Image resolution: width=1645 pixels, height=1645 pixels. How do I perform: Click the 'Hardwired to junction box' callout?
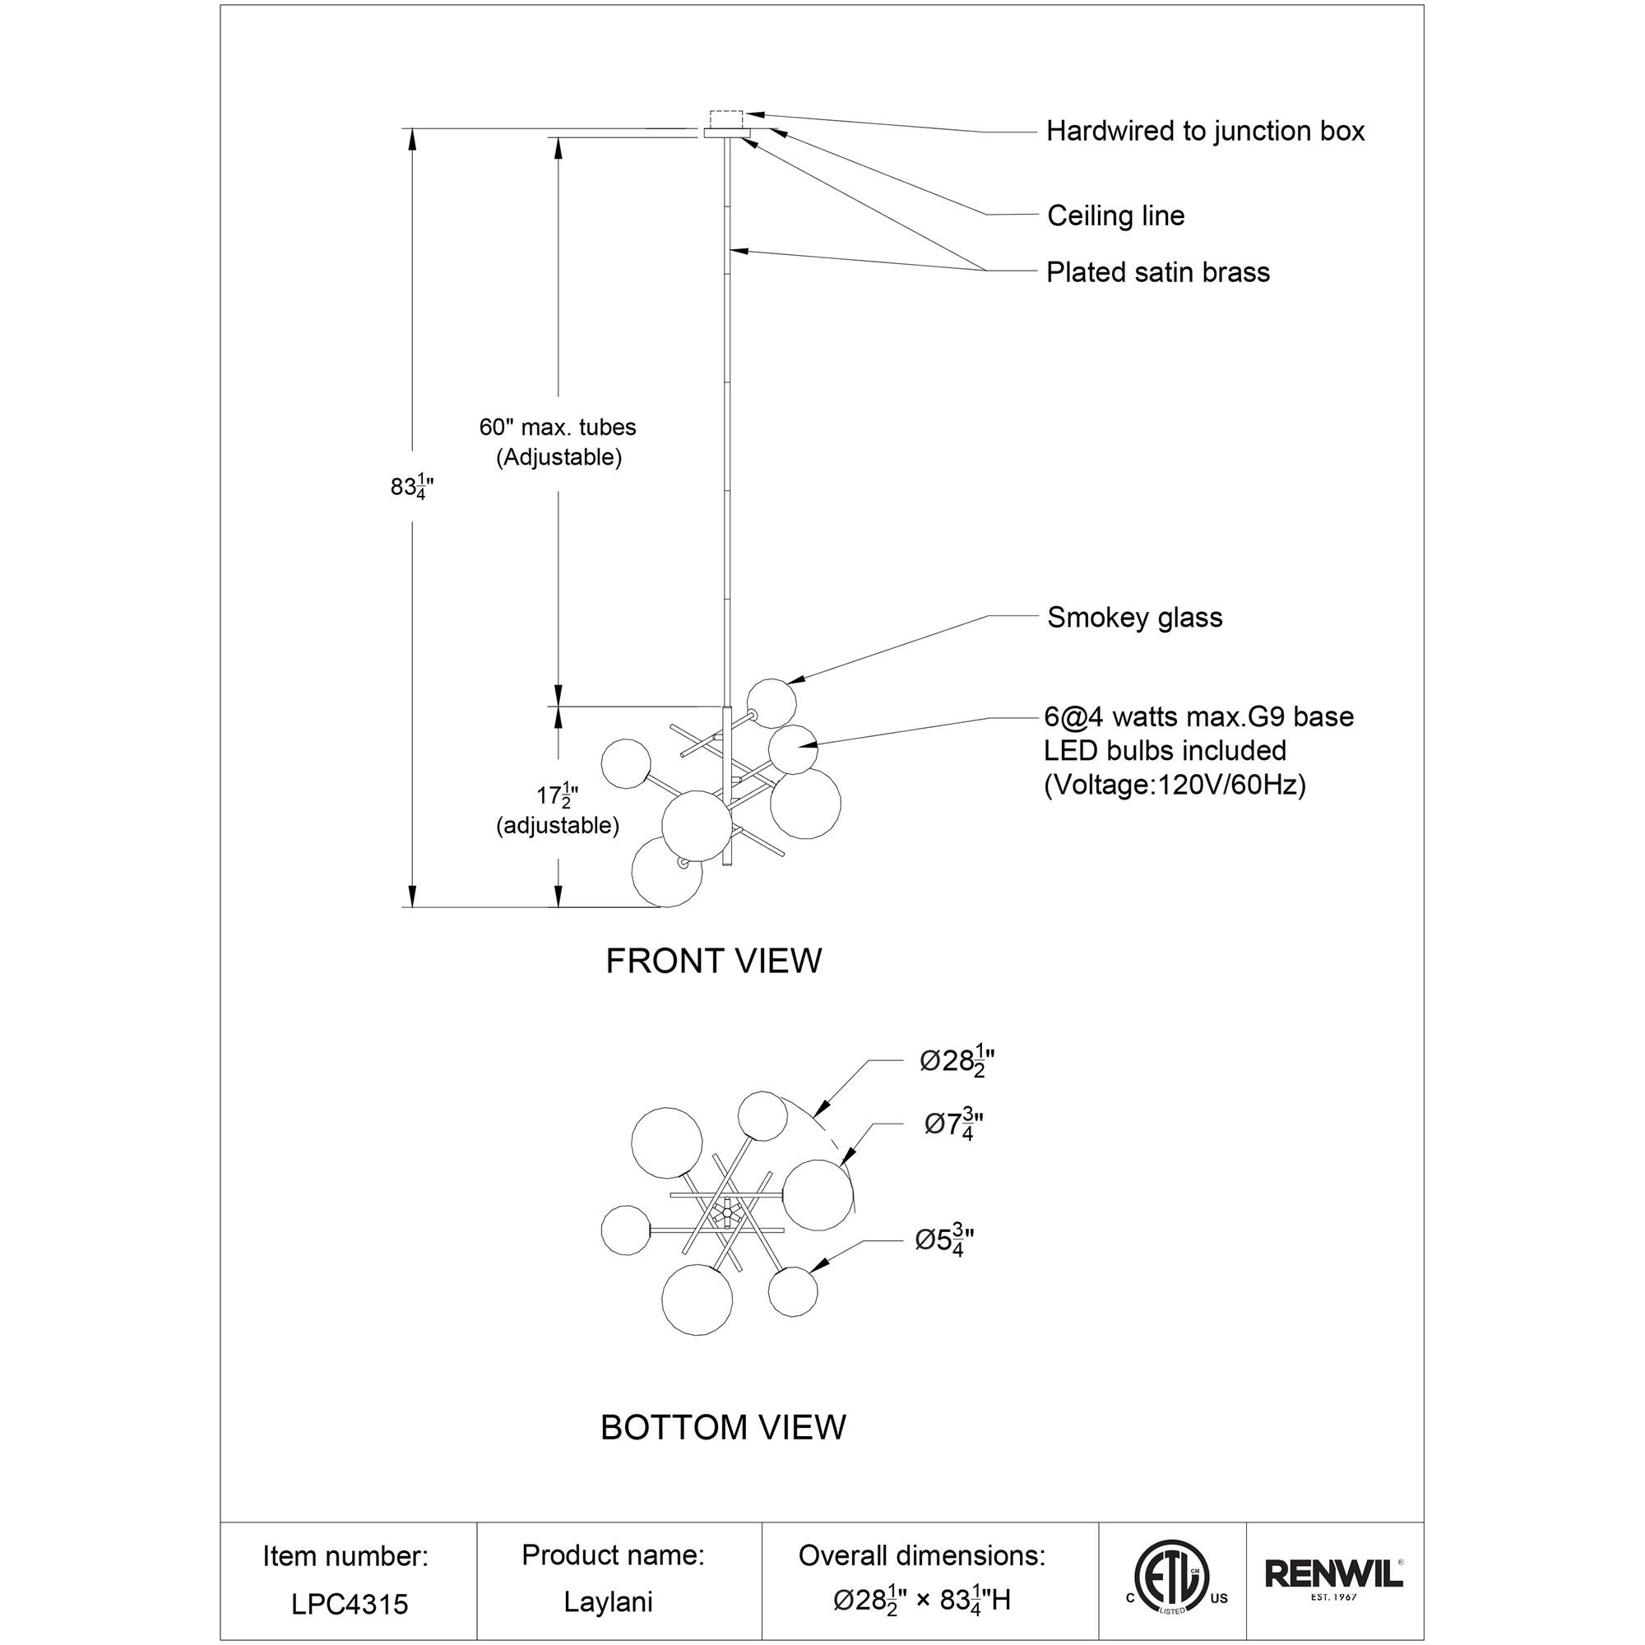click(x=1205, y=131)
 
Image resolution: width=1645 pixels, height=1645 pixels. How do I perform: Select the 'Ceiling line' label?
click(x=1115, y=215)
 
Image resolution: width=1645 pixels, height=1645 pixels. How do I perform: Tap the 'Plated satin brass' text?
click(x=1158, y=272)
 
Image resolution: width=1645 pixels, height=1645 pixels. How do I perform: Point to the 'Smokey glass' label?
click(x=1134, y=618)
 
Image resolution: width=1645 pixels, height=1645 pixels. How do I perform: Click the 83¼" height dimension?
click(x=413, y=487)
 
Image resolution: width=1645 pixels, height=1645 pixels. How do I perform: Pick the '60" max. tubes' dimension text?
click(x=558, y=428)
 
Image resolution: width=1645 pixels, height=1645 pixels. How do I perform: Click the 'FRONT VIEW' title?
click(x=713, y=962)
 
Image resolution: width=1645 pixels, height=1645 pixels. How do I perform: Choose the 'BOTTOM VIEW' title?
click(x=723, y=1427)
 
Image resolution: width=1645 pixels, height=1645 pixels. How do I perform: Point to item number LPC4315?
click(x=349, y=1604)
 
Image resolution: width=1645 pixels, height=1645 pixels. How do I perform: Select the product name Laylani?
click(x=608, y=1601)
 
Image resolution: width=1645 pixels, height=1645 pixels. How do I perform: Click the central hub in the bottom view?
click(x=726, y=1212)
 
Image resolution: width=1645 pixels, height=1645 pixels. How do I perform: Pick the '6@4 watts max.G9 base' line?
click(x=1199, y=717)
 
